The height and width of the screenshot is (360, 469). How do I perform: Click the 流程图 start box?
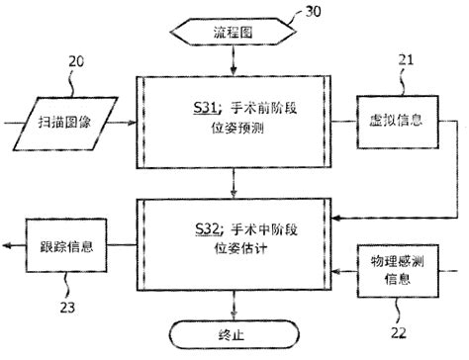click(x=234, y=34)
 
